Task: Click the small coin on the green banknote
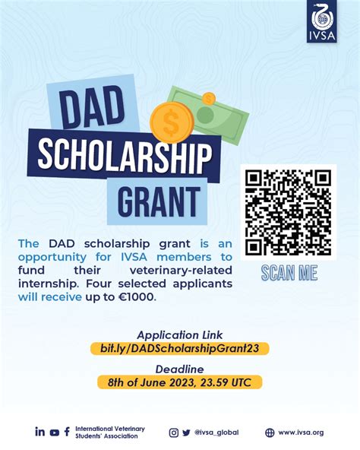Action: (208, 98)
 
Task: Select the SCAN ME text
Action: (289, 273)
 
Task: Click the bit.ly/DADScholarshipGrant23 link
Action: (179, 348)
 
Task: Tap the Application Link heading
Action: (179, 334)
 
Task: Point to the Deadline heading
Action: (179, 369)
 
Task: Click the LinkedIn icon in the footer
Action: (39, 432)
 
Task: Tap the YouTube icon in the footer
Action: (54, 433)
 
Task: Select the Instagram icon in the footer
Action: (174, 433)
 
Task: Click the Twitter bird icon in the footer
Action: (186, 433)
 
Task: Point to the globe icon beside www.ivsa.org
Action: (270, 433)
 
